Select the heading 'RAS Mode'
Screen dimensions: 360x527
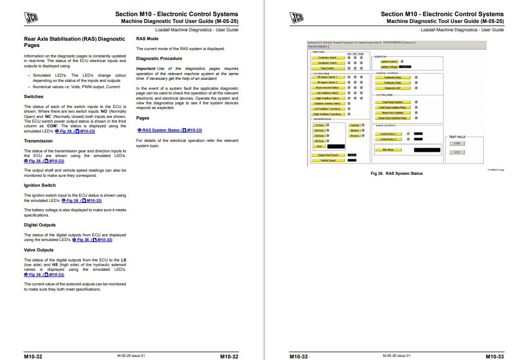[x=147, y=39]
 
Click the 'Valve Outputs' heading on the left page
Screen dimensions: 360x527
[x=39, y=250]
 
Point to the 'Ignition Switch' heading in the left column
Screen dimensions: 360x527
[x=40, y=185]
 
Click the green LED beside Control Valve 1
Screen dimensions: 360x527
[x=408, y=134]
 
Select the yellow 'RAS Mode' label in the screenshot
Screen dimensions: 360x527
[x=388, y=150]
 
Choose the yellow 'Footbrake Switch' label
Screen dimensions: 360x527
[x=327, y=57]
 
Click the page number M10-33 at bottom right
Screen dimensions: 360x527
[x=494, y=356]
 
